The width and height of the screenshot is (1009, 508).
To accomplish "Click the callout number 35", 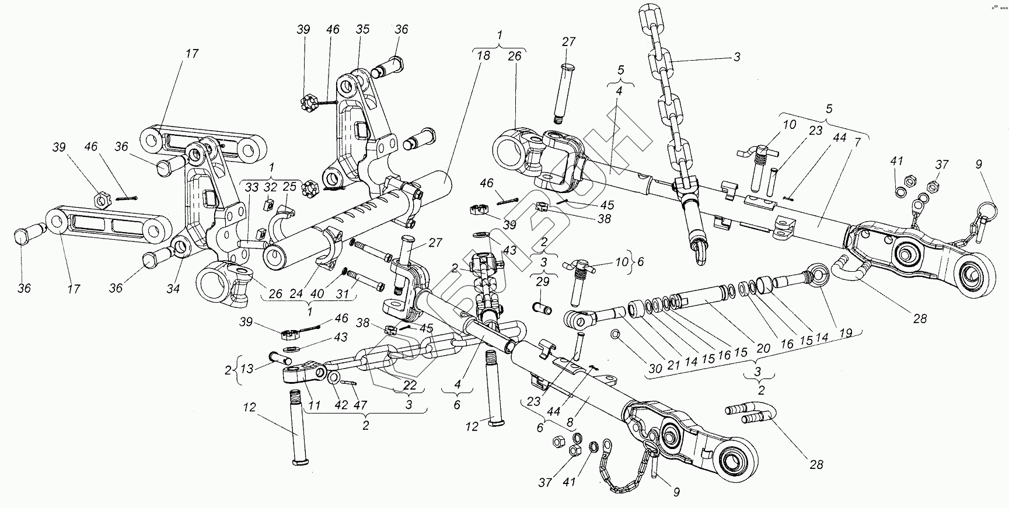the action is coord(363,29).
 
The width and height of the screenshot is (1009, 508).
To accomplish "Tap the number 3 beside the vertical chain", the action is coord(737,57).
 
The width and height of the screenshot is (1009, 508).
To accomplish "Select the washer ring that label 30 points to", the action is coord(615,334).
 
